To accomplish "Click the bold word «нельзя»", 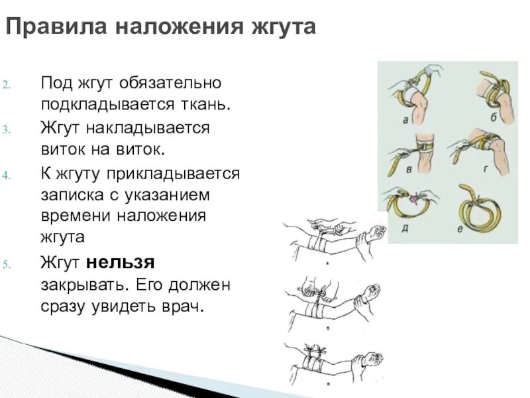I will coord(119,262).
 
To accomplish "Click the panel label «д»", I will coord(404,229).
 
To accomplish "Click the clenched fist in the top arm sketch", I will coord(378,232).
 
